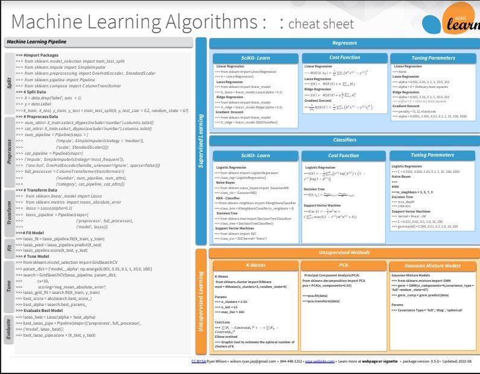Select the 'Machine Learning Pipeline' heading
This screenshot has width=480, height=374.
[x=37, y=42]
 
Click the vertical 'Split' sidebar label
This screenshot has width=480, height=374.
[x=8, y=83]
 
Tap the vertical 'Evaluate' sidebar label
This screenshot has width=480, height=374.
[x=8, y=329]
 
